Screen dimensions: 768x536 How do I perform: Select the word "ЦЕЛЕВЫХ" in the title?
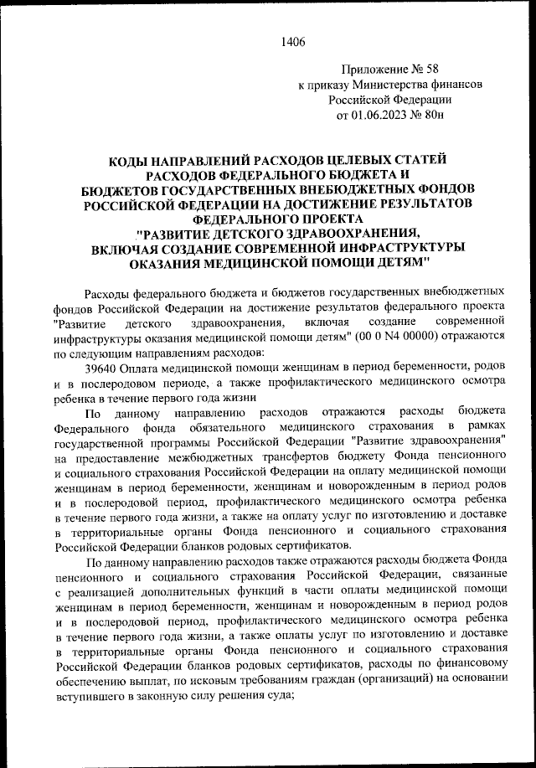tap(363, 158)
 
